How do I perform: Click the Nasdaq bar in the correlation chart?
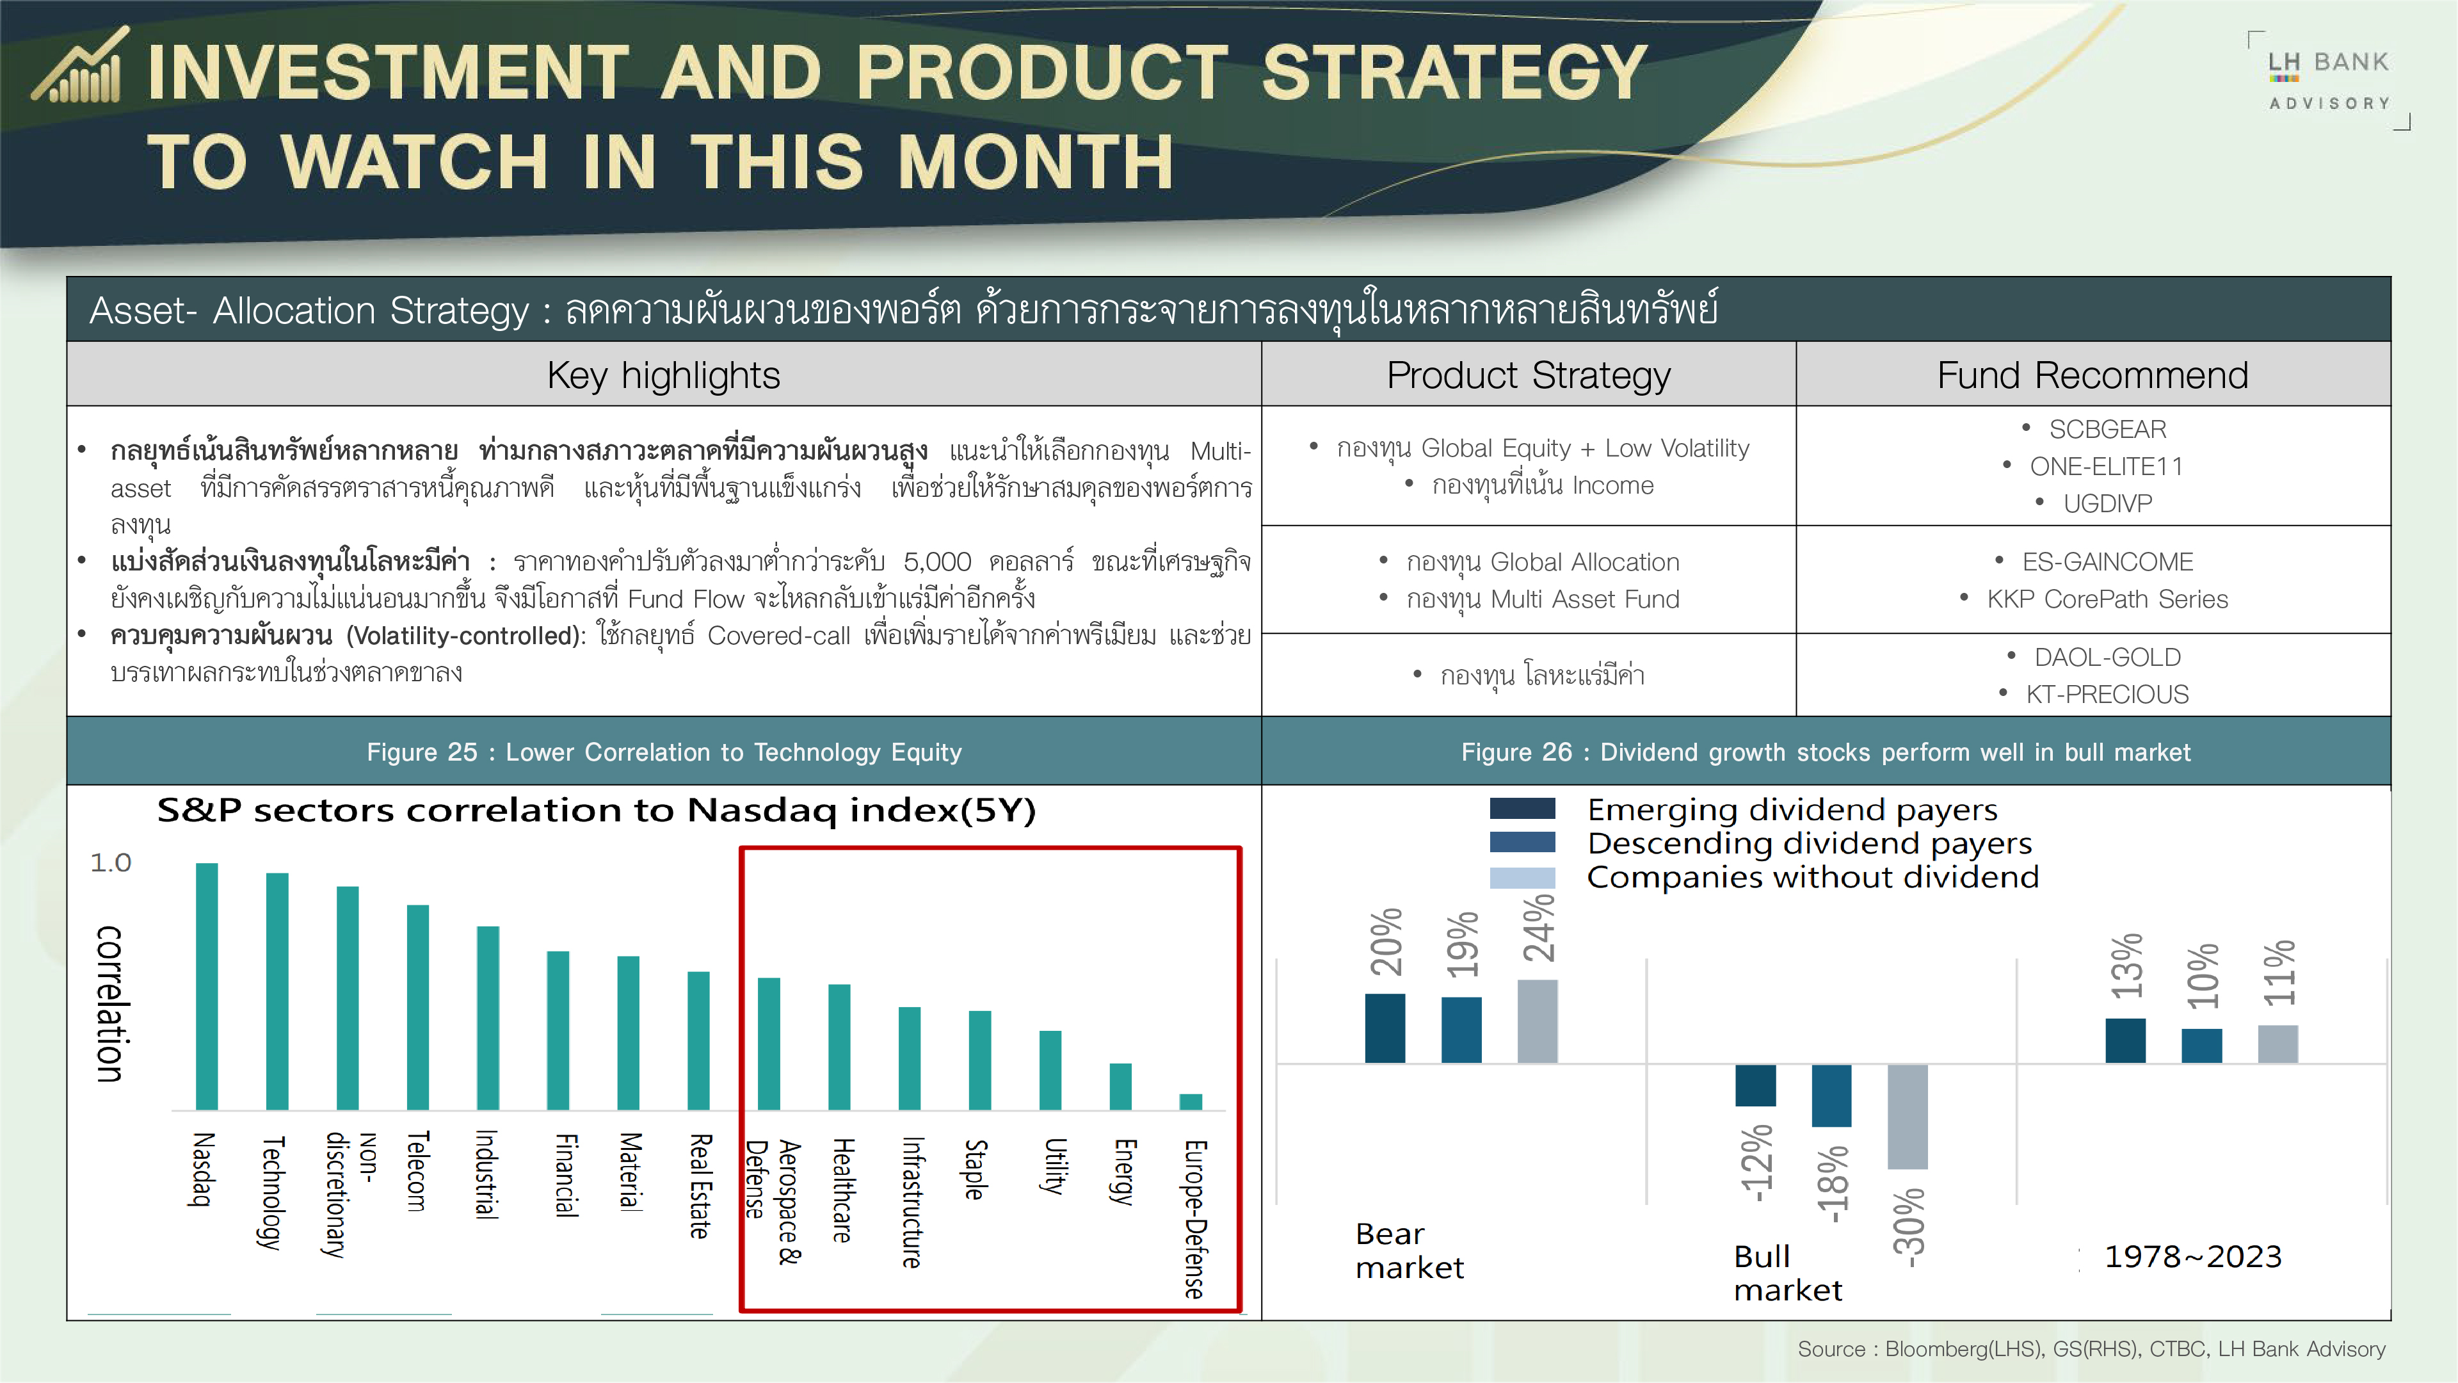point(206,986)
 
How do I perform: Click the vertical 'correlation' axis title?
point(109,1003)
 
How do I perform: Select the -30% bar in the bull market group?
point(1908,1116)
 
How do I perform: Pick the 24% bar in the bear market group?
point(1537,1021)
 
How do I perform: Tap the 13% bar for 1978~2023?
point(2125,1040)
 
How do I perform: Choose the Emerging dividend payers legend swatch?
point(1522,809)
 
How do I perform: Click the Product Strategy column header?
point(1528,375)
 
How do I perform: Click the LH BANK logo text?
point(2328,62)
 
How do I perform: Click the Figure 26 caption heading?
point(1826,752)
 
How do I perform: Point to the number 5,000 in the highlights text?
point(937,562)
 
